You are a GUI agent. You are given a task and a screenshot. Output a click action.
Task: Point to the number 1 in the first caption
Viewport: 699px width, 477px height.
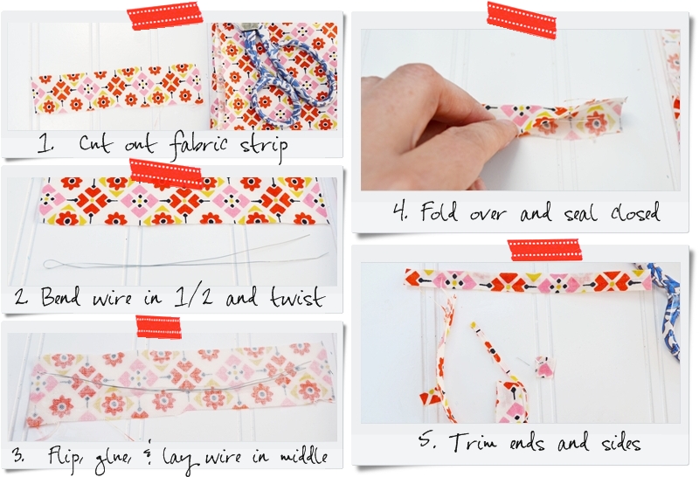tap(43, 143)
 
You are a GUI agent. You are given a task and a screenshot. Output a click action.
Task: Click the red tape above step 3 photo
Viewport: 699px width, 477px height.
tap(158, 326)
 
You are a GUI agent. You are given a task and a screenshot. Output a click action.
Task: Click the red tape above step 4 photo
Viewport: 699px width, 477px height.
tap(522, 18)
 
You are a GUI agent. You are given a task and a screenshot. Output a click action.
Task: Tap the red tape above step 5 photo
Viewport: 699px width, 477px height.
tap(544, 250)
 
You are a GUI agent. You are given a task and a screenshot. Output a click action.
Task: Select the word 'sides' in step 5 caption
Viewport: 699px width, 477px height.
tap(616, 442)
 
